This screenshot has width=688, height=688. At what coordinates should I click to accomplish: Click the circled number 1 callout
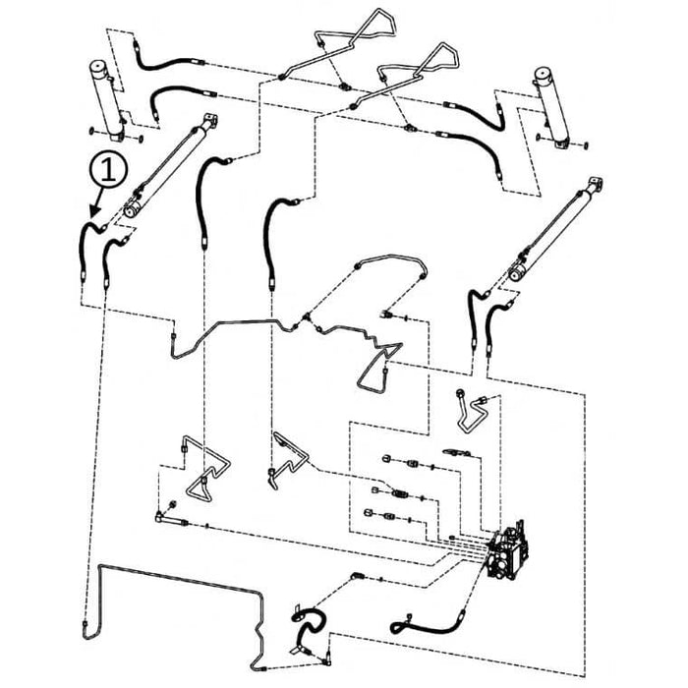tap(108, 170)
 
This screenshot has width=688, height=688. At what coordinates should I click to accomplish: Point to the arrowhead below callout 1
tap(94, 211)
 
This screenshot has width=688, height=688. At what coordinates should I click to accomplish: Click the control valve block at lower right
tap(508, 552)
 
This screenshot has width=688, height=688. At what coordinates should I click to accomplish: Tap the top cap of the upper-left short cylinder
tap(98, 66)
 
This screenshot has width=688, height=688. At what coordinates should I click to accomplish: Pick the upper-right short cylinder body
tap(551, 106)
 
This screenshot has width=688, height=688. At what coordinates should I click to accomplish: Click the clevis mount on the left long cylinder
tap(210, 120)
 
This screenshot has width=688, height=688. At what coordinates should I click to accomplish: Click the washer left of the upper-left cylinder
tap(90, 131)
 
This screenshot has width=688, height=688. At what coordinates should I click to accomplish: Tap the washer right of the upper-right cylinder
tap(586, 144)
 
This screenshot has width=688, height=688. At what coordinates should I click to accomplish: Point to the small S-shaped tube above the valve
tap(472, 410)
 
